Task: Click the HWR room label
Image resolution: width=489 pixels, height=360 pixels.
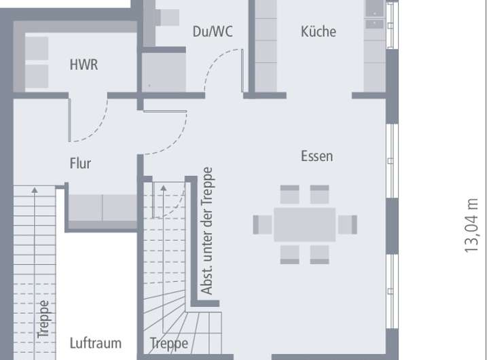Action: coord(84,65)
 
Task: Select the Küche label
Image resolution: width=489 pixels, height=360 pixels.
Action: coord(318,31)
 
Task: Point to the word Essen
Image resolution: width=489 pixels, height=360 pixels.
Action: coord(316,156)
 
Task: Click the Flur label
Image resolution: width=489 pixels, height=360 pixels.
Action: coord(79,163)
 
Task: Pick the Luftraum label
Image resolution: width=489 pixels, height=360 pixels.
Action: coord(95,343)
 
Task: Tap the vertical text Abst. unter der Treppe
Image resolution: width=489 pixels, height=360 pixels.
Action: coord(208,231)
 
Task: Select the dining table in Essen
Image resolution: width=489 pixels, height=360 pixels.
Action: coord(304,224)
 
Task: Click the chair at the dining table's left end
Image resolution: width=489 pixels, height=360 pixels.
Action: coord(262,224)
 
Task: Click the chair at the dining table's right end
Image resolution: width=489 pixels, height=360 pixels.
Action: coord(347,224)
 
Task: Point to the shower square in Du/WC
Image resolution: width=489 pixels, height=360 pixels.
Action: coord(163,72)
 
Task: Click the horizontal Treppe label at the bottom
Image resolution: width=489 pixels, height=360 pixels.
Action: coord(168,343)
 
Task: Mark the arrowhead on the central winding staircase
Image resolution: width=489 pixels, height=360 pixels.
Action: coord(163,187)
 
